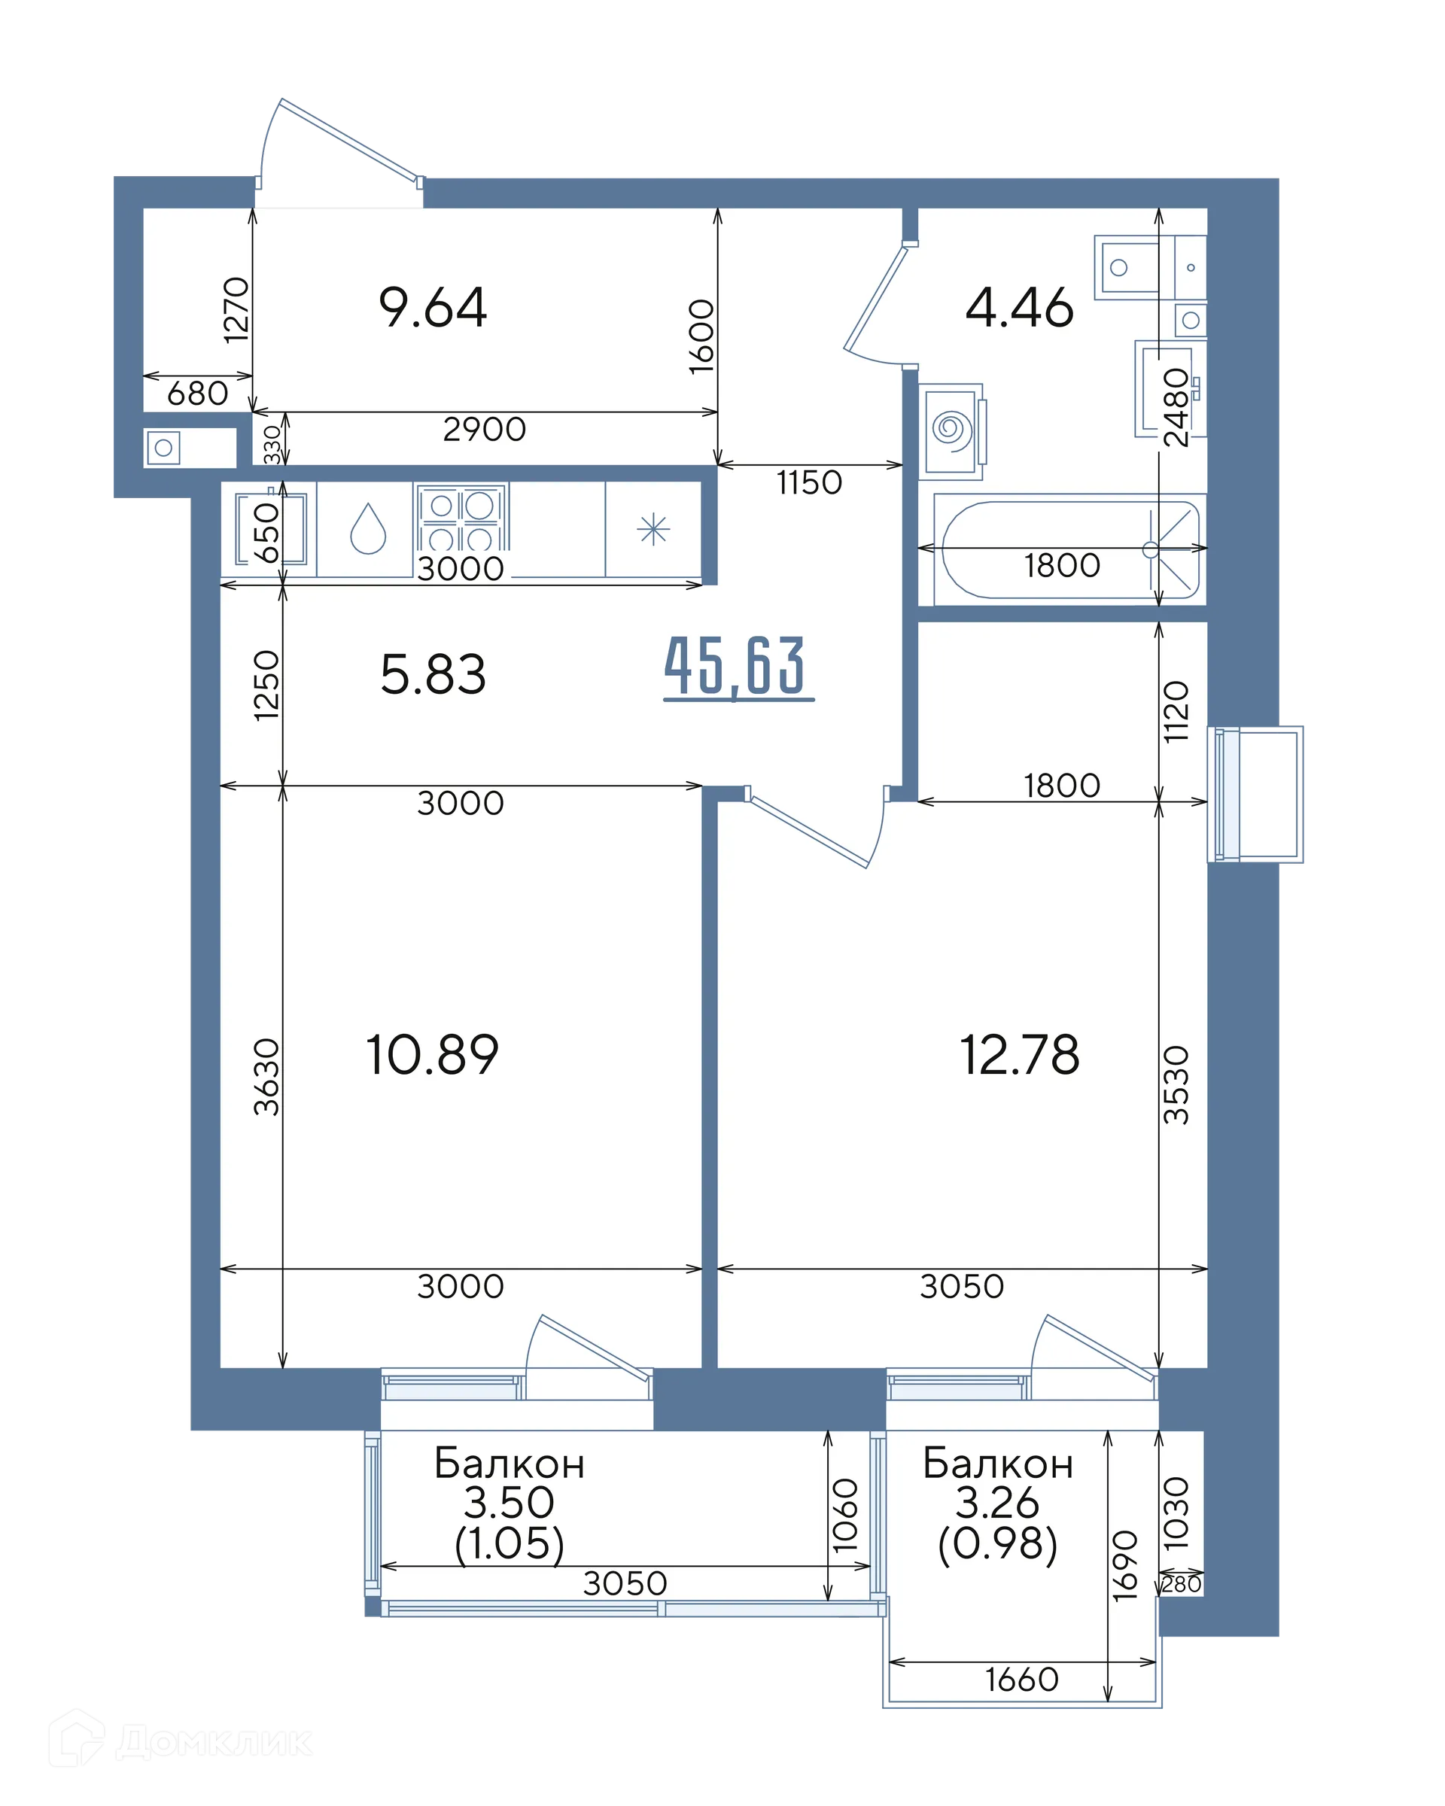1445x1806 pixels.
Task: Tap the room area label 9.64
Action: (x=432, y=308)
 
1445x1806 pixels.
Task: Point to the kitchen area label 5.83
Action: (x=432, y=675)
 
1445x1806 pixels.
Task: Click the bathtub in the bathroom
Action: (x=1069, y=549)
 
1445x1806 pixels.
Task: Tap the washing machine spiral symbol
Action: (x=951, y=430)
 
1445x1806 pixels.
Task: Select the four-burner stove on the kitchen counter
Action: (x=461, y=518)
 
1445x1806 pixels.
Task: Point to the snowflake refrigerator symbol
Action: (x=653, y=530)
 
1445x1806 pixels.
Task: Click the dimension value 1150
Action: (x=809, y=483)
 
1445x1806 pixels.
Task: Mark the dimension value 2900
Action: (x=484, y=430)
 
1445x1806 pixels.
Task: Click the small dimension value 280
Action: (x=1181, y=1584)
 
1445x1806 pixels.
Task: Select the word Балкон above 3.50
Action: (x=510, y=1464)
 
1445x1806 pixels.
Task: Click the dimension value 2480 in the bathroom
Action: (x=1176, y=407)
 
